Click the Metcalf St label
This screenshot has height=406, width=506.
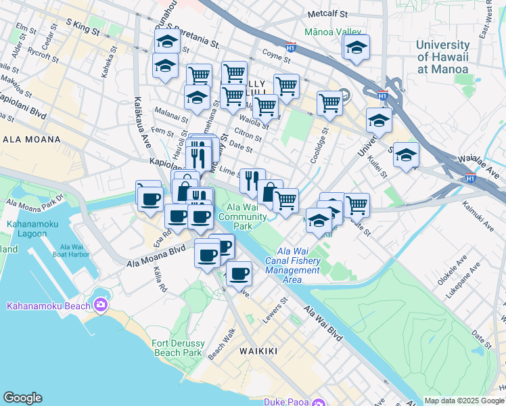(327, 14)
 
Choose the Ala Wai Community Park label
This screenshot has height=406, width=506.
(248, 217)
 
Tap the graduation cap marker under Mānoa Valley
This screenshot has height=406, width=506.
(356, 48)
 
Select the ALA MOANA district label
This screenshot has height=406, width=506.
(31, 139)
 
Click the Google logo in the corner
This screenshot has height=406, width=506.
(22, 397)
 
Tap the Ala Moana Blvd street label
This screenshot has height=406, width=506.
(156, 258)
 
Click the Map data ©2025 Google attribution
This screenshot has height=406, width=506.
(464, 401)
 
